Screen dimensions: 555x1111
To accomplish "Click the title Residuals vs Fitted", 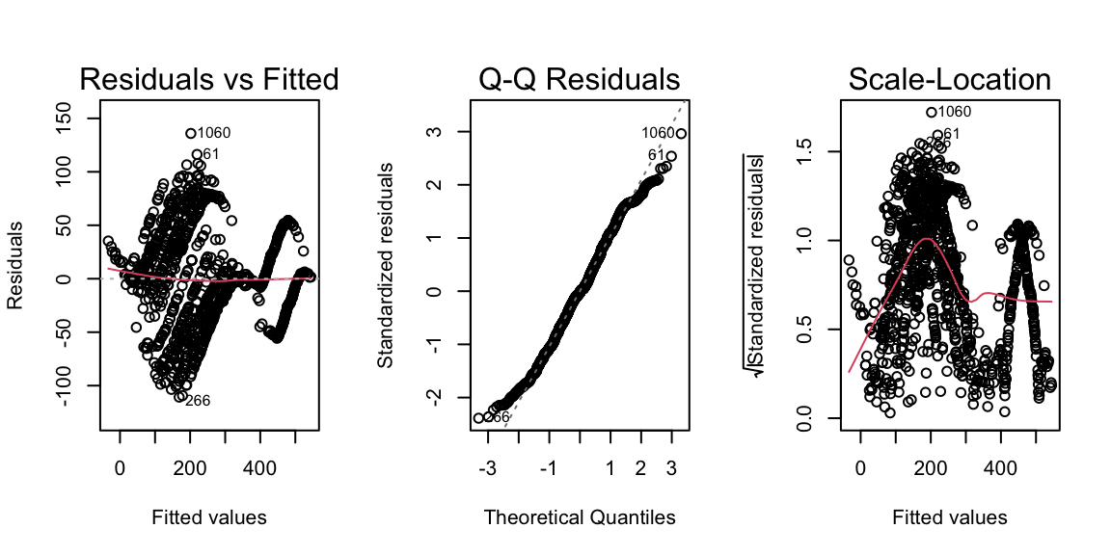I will (x=209, y=79).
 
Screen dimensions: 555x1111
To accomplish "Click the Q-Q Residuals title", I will (x=580, y=79).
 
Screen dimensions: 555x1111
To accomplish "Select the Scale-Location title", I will (x=950, y=79).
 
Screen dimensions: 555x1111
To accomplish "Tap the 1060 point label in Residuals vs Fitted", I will (x=214, y=133).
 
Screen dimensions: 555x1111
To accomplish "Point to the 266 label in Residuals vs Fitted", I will (x=198, y=401).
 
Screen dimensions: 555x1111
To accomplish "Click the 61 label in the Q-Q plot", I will (x=656, y=155).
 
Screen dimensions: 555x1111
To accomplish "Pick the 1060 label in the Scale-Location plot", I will (x=955, y=112).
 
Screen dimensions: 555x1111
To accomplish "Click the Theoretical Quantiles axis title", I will (x=580, y=517).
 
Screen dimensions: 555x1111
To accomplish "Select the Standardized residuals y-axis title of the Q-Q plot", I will (x=385, y=265).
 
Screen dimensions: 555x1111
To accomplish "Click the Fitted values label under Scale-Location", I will (x=950, y=517).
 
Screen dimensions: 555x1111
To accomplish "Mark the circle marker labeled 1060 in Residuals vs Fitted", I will (x=191, y=133).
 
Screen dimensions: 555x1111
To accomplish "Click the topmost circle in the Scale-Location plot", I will (x=932, y=112).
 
